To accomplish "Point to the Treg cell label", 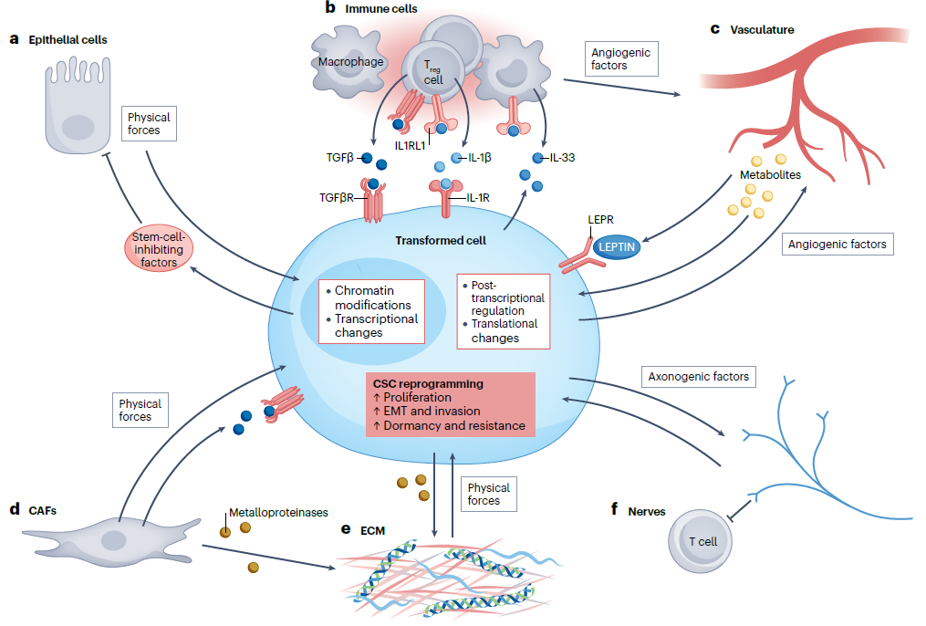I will pyautogui.click(x=432, y=73).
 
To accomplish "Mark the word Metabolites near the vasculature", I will pyautogui.click(x=770, y=174).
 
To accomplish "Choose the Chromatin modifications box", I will pyautogui.click(x=372, y=311).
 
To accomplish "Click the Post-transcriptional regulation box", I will pyautogui.click(x=503, y=310).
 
